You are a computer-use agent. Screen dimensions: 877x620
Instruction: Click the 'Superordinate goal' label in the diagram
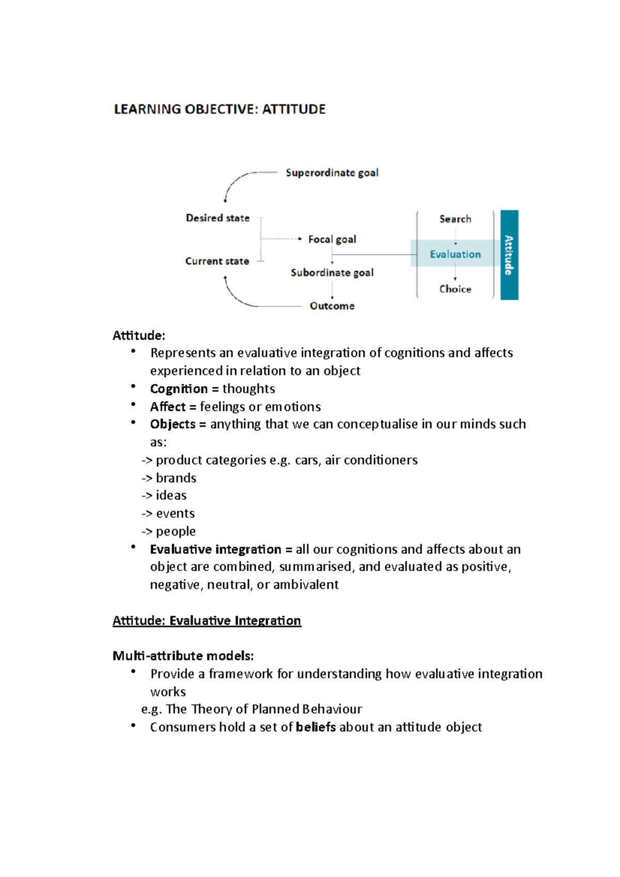(332, 173)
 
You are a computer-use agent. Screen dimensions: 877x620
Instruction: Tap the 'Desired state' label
(218, 218)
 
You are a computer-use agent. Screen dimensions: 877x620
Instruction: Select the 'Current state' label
(217, 261)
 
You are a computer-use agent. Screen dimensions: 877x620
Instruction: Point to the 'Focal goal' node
(332, 239)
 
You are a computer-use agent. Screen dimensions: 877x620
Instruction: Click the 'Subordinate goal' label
(332, 273)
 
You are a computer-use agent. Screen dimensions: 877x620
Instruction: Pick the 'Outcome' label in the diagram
(332, 306)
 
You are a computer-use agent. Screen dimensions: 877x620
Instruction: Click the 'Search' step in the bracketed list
(455, 219)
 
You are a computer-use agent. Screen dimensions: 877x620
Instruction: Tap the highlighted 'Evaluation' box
(455, 254)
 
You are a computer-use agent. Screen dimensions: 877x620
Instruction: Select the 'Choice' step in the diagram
(455, 289)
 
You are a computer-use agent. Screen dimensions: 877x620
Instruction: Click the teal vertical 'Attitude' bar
(509, 255)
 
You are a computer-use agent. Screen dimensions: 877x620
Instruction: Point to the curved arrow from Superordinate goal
(238, 181)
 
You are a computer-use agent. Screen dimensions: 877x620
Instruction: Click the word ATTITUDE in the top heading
(293, 109)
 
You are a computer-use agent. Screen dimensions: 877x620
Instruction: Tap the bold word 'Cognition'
(179, 389)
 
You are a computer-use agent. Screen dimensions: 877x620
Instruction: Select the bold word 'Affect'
(167, 407)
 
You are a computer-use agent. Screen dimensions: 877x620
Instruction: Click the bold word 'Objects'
(173, 425)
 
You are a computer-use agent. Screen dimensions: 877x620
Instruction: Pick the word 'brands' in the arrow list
(176, 478)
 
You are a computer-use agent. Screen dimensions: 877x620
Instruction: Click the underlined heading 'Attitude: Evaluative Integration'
(207, 621)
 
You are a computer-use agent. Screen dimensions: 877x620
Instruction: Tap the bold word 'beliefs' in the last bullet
(316, 727)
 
